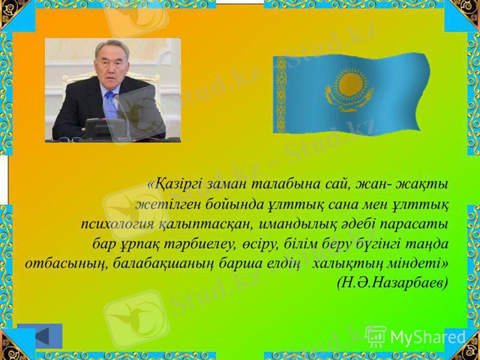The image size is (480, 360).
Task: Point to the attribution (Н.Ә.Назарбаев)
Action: pos(393,283)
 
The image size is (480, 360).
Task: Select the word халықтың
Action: pos(346,264)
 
